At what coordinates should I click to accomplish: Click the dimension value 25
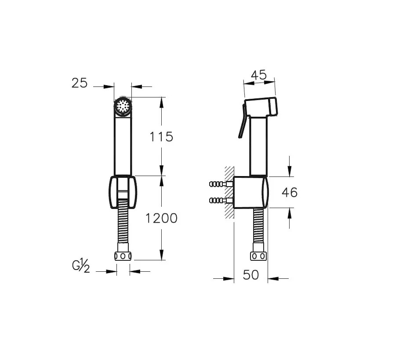point(80,83)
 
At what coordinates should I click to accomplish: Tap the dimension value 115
point(161,137)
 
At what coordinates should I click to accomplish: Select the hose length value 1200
point(161,218)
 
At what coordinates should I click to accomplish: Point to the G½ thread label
point(81,266)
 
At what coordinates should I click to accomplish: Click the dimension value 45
point(258,75)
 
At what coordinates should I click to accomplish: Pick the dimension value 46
point(290,193)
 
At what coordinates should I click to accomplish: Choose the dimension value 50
point(251,275)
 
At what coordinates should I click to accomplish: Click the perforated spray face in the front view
point(123,106)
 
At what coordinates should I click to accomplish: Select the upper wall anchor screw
point(221,184)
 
